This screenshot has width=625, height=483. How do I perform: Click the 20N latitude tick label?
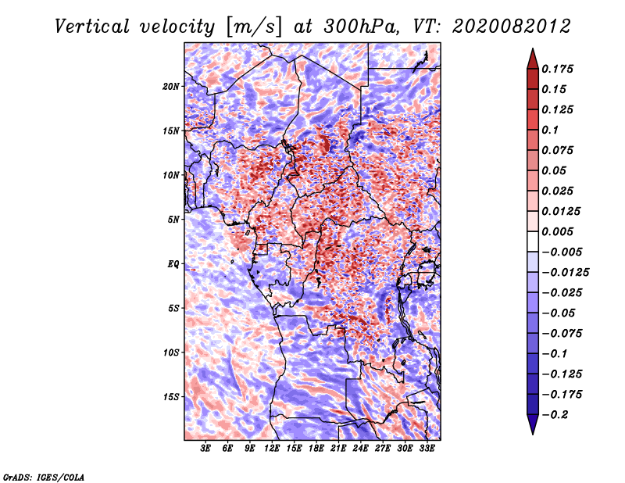tap(171, 86)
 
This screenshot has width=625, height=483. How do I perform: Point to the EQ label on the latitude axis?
tap(173, 264)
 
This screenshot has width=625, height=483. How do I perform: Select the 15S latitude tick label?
tap(171, 397)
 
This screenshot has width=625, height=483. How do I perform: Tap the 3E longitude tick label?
tap(205, 449)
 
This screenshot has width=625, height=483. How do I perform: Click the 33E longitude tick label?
tap(427, 449)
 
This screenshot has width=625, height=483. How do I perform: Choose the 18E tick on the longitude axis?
tap(316, 449)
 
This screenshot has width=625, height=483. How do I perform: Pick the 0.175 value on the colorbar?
tap(557, 69)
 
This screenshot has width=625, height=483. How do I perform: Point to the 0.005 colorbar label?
tap(557, 231)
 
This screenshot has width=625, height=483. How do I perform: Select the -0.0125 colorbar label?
tap(565, 273)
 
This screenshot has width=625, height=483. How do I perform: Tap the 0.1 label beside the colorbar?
tap(550, 130)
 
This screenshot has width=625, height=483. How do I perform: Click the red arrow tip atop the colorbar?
tap(533, 49)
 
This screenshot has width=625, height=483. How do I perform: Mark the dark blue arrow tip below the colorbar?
tap(533, 433)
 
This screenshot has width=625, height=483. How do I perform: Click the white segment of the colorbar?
tap(533, 241)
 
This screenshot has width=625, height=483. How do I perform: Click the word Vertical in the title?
tap(91, 27)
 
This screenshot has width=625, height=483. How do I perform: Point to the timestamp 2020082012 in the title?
tap(512, 27)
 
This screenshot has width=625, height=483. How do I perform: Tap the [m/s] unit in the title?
tap(254, 27)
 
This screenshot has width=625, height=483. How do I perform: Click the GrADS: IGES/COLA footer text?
tap(44, 477)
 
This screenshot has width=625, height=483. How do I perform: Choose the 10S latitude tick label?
tap(171, 352)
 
